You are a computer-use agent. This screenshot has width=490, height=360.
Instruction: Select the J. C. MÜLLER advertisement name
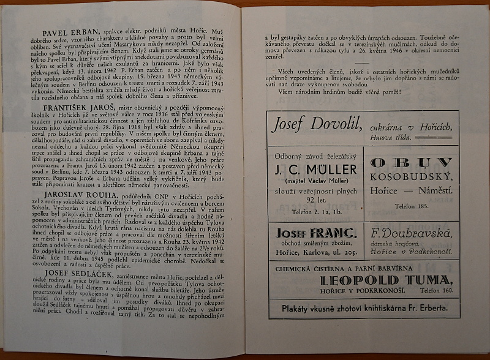pos(315,168)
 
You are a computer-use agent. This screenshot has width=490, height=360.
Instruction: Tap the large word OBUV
pos(412,162)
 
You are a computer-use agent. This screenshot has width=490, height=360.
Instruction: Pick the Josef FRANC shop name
pos(315,233)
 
